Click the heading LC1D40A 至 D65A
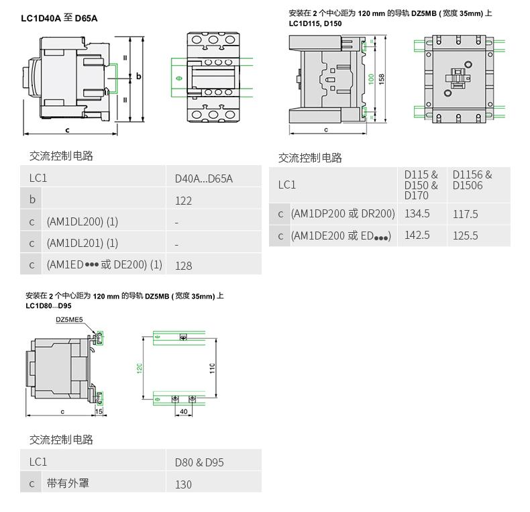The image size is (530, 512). [60, 18]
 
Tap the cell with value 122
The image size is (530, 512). [183, 201]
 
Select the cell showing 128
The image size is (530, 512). [183, 265]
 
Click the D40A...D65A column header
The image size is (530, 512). [203, 178]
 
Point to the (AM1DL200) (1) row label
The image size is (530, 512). [82, 221]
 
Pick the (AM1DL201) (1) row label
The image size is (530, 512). [82, 243]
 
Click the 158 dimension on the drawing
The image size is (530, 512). [381, 79]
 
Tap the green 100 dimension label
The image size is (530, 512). [371, 79]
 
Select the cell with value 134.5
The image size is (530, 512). [417, 213]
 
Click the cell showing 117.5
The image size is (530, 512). [466, 214]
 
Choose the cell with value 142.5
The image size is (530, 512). [417, 235]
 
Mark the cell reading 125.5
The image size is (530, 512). [466, 236]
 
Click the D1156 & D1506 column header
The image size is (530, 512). [472, 180]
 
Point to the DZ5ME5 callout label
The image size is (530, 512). [69, 320]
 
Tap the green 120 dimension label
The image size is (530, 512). [140, 368]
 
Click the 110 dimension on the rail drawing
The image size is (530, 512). [212, 368]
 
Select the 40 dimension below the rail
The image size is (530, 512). [184, 411]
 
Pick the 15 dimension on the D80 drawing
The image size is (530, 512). [99, 411]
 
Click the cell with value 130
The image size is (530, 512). [183, 484]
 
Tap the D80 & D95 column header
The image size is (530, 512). [199, 462]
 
